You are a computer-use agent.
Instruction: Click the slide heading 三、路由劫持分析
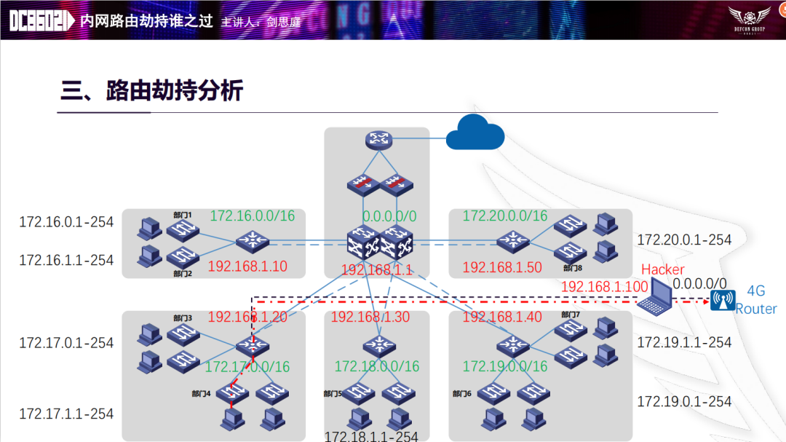(151, 91)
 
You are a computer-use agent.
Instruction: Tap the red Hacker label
(662, 269)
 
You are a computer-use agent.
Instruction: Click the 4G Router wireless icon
(723, 300)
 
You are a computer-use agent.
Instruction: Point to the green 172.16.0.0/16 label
(252, 216)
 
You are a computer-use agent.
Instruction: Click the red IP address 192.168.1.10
(247, 267)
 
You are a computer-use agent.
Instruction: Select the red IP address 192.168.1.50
(502, 267)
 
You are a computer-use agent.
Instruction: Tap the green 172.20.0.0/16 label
(505, 216)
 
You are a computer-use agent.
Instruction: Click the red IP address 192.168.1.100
(604, 287)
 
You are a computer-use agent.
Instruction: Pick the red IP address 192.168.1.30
(370, 317)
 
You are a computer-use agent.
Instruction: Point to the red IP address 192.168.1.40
(502, 317)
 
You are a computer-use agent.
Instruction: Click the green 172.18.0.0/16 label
(377, 366)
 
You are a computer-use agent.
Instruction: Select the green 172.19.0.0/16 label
(505, 366)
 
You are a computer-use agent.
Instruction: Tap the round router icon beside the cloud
(377, 141)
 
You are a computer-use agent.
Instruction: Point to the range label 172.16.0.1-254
(66, 222)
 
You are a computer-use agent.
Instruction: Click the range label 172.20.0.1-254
(684, 240)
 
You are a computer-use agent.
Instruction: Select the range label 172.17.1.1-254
(66, 414)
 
